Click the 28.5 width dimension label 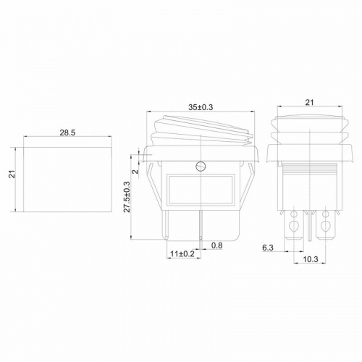[67, 132]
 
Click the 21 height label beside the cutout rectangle [12, 174]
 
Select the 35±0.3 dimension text [201, 107]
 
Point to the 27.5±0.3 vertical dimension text [127, 197]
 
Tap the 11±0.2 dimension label [182, 253]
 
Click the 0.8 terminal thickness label [216, 245]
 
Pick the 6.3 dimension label [268, 248]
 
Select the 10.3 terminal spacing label [311, 259]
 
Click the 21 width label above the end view [309, 102]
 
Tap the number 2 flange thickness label [135, 172]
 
